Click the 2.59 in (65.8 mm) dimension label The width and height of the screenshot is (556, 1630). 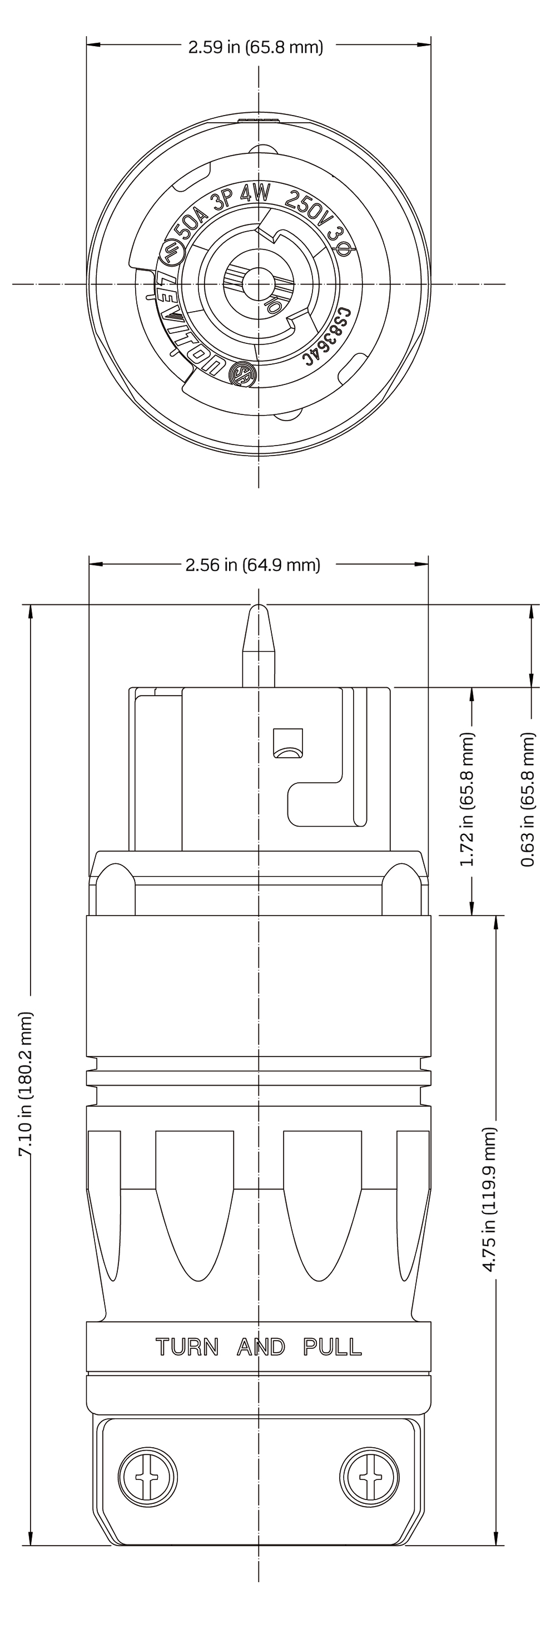click(256, 47)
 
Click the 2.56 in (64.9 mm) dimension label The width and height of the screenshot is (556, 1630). click(254, 564)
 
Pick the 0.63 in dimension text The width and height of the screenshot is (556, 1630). click(528, 800)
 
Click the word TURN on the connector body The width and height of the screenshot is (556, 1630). click(187, 1347)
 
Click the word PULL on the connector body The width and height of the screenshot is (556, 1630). click(332, 1347)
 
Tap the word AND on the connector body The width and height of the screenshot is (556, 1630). click(261, 1347)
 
